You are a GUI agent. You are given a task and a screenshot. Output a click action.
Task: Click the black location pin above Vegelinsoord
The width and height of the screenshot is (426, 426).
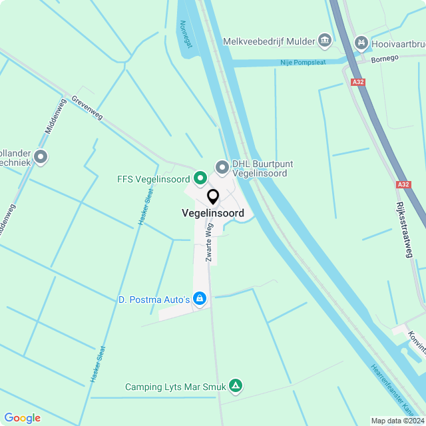[x=213, y=197]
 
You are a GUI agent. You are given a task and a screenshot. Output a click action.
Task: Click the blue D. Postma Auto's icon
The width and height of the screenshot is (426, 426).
[x=199, y=300]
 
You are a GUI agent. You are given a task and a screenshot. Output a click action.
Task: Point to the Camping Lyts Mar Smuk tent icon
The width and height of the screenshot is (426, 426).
[x=235, y=385]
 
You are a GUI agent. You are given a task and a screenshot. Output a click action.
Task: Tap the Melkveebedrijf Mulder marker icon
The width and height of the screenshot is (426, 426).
[x=325, y=41]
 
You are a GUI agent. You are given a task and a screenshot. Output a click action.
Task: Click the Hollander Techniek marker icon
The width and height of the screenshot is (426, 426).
[x=41, y=157]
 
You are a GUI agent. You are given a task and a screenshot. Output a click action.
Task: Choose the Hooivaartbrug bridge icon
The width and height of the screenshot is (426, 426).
[x=361, y=42]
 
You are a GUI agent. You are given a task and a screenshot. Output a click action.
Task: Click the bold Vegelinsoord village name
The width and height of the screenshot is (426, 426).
[x=212, y=214]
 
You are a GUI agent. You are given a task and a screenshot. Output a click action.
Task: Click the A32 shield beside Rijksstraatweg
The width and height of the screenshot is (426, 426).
[x=403, y=184]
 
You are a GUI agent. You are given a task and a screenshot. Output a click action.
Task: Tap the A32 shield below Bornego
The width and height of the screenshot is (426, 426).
[x=359, y=82]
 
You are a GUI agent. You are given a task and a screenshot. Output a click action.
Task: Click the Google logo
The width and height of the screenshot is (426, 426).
[x=22, y=417]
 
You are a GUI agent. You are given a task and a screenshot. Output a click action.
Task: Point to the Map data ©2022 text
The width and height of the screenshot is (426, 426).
[x=397, y=421]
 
